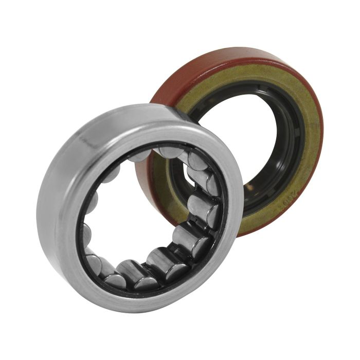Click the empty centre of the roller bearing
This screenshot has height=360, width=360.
139,206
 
